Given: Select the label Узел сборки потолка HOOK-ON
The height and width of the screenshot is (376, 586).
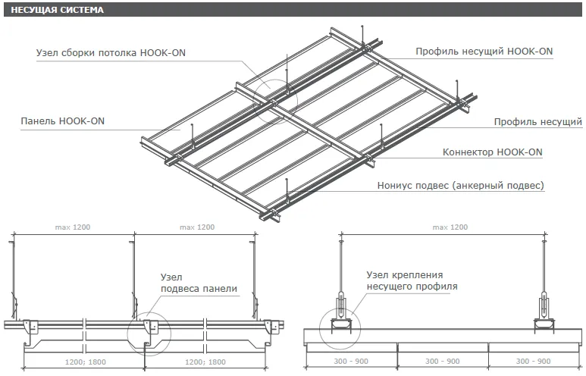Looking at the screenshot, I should coord(111,53).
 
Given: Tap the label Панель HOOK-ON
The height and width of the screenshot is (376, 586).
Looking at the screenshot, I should coord(62,121).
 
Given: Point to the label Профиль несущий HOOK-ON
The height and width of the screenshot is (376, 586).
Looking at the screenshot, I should coord(484,52).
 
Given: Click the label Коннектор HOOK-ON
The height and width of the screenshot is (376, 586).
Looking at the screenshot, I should coord(492,152).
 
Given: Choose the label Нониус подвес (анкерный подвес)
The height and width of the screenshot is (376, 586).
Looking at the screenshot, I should coord(461,185).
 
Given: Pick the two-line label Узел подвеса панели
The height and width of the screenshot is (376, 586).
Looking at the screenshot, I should coord(199,283).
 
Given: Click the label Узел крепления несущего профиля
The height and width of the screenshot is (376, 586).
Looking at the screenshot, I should coord(412,280).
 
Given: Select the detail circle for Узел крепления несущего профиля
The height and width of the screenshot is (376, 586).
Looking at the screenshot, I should coord(339,327).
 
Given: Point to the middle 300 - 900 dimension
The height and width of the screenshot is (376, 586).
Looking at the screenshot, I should coord(443,362).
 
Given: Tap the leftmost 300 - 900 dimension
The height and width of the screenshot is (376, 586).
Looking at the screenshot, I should coord(351,362).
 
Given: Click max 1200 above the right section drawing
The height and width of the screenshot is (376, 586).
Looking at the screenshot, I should coord(450,227).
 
